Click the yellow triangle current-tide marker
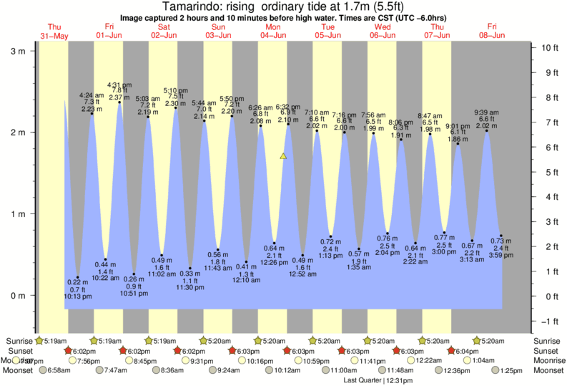[x=284, y=155]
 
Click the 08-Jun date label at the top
[x=493, y=35]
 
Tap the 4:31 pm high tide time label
[x=119, y=84]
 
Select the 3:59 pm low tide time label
[x=501, y=255]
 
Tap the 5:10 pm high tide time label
[x=175, y=91]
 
